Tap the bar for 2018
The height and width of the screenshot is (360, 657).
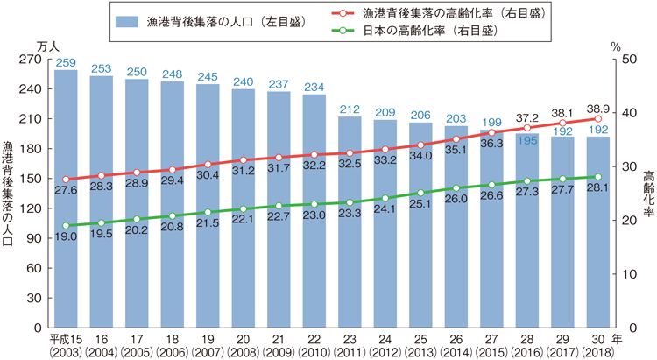pos(597,231)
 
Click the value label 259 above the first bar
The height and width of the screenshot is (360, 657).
pos(66,62)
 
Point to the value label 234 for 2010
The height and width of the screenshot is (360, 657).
pos(314,87)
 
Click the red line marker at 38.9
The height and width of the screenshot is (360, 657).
pos(597,119)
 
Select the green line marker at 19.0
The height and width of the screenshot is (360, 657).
pos(66,225)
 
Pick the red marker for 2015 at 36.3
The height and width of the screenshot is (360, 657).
pos(491,133)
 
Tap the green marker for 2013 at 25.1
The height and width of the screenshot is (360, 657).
pos(420,193)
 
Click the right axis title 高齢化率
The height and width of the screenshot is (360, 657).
pos(647,193)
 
